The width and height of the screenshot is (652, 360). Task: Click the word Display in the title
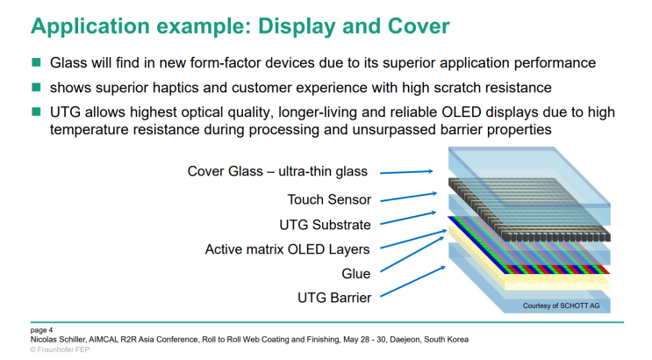coord(282,25)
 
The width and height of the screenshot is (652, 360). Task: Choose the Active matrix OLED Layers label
coord(288,248)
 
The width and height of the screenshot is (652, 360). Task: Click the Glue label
coord(355,273)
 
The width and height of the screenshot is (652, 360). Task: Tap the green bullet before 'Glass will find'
coord(37,64)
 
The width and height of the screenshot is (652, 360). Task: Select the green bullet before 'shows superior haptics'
coord(37,88)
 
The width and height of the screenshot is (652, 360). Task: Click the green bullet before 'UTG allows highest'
coord(37,112)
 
